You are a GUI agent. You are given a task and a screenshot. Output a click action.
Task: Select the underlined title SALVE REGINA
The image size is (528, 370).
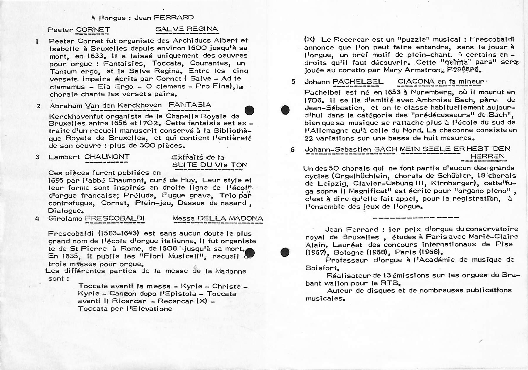(x=187, y=29)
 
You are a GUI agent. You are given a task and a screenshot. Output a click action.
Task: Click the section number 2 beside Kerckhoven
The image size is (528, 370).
(x=38, y=106)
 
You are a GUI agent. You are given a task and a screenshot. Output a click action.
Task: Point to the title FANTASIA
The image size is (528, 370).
(x=190, y=105)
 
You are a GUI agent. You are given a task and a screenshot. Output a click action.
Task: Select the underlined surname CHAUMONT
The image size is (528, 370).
(x=107, y=157)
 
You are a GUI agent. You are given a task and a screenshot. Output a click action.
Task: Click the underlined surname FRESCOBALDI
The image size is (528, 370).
(x=115, y=218)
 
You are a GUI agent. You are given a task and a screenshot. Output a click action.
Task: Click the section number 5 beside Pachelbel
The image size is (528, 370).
(x=293, y=82)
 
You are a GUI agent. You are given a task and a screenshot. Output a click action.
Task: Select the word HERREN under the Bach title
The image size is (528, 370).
(x=487, y=156)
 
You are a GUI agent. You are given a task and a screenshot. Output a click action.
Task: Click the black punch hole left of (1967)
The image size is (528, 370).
(x=285, y=252)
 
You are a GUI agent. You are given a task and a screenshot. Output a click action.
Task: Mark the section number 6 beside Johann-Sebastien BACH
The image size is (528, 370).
(x=292, y=150)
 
